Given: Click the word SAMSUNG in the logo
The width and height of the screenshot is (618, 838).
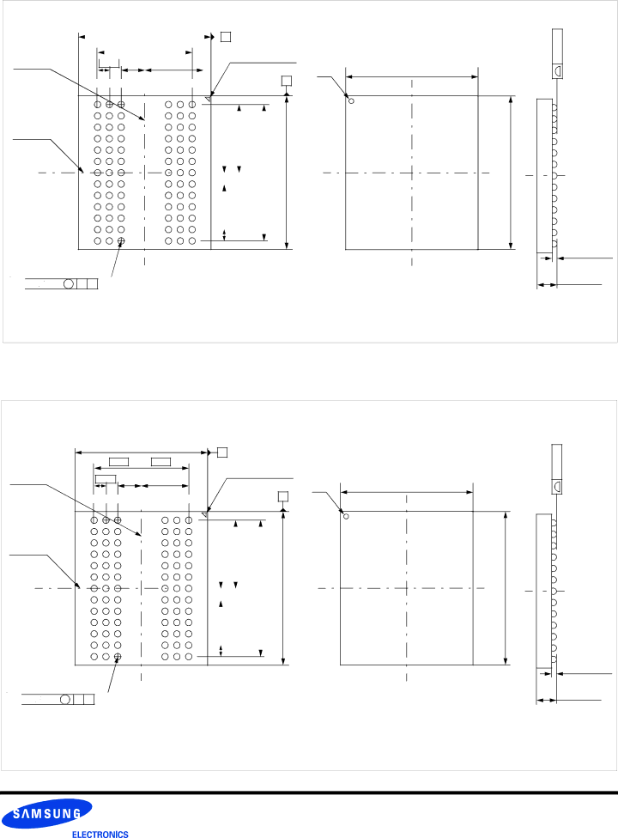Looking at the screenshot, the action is (46, 814).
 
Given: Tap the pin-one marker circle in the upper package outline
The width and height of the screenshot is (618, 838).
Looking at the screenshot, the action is (351, 100).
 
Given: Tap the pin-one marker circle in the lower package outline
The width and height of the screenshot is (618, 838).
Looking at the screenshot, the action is (346, 516).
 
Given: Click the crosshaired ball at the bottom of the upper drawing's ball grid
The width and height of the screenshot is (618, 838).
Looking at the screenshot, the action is (121, 241).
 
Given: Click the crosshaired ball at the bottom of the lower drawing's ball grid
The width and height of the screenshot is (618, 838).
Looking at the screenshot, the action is (118, 656).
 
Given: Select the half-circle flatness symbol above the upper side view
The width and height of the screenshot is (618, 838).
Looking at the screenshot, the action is (557, 70).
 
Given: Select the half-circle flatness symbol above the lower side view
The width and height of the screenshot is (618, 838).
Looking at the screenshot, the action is (556, 486).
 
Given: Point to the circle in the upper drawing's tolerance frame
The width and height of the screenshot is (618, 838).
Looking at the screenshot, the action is (69, 284).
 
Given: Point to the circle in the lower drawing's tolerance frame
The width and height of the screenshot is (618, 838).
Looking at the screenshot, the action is (65, 699).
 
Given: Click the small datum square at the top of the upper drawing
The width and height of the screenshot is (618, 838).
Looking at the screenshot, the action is (226, 37).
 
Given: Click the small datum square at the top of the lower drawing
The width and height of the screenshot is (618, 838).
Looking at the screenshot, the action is (222, 452).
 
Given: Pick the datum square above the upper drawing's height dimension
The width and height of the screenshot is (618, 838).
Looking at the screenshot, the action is (287, 81).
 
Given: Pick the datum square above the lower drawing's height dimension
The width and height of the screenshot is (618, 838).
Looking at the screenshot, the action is (283, 496).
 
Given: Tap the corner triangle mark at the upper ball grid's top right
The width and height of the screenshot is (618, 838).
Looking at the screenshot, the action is (209, 100).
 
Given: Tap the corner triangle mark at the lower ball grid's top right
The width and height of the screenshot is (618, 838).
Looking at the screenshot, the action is (204, 514).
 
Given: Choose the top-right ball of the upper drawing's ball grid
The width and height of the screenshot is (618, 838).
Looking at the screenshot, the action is (192, 104).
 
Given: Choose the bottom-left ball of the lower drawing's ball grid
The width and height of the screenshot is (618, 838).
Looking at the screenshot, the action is (94, 656).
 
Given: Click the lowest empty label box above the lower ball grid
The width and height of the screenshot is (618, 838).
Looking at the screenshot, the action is (106, 479).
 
